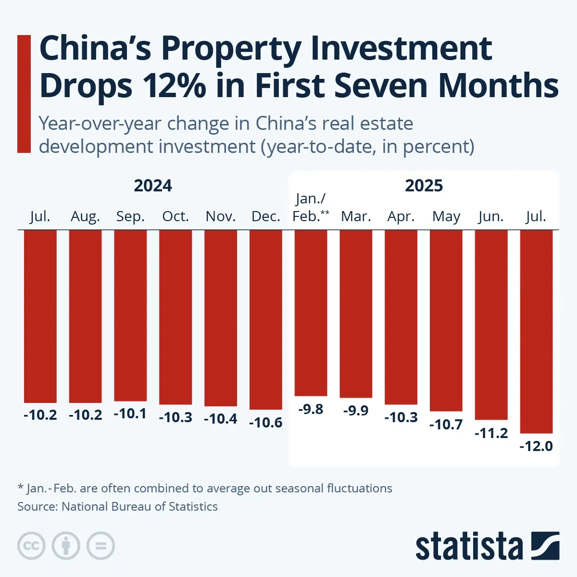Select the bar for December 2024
click(x=265, y=320)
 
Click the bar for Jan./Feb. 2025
click(x=311, y=313)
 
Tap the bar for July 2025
click(x=536, y=332)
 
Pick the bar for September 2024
click(x=130, y=315)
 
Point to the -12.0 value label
click(x=536, y=446)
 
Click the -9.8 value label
click(x=311, y=409)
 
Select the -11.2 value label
click(x=491, y=433)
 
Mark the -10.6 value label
click(x=265, y=423)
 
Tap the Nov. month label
click(x=221, y=216)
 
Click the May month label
click(x=446, y=216)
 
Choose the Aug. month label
click(x=85, y=216)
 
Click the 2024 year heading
click(x=153, y=186)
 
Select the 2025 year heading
click(x=424, y=186)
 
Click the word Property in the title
click(x=231, y=49)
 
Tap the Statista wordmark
click(x=469, y=546)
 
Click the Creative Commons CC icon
click(x=31, y=546)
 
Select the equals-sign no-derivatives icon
click(x=100, y=546)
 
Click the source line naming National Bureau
click(x=117, y=506)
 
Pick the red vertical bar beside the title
click(x=24, y=94)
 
